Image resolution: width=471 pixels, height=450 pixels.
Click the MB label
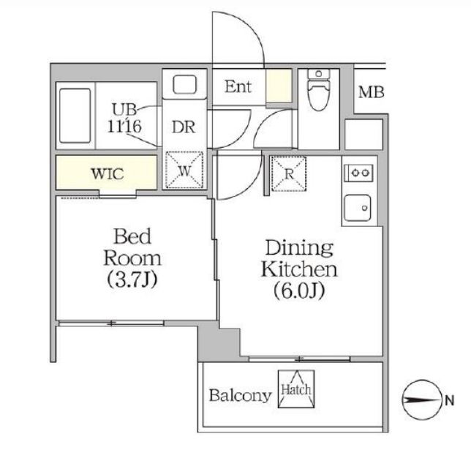tap(371, 93)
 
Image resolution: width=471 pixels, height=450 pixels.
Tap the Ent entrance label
tap(238, 88)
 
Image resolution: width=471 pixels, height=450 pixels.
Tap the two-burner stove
tap(358, 173)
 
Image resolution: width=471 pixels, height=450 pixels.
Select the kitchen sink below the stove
tap(358, 208)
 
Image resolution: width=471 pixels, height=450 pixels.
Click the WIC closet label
tap(107, 174)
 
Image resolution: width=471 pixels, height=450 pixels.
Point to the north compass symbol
tap(421, 400)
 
